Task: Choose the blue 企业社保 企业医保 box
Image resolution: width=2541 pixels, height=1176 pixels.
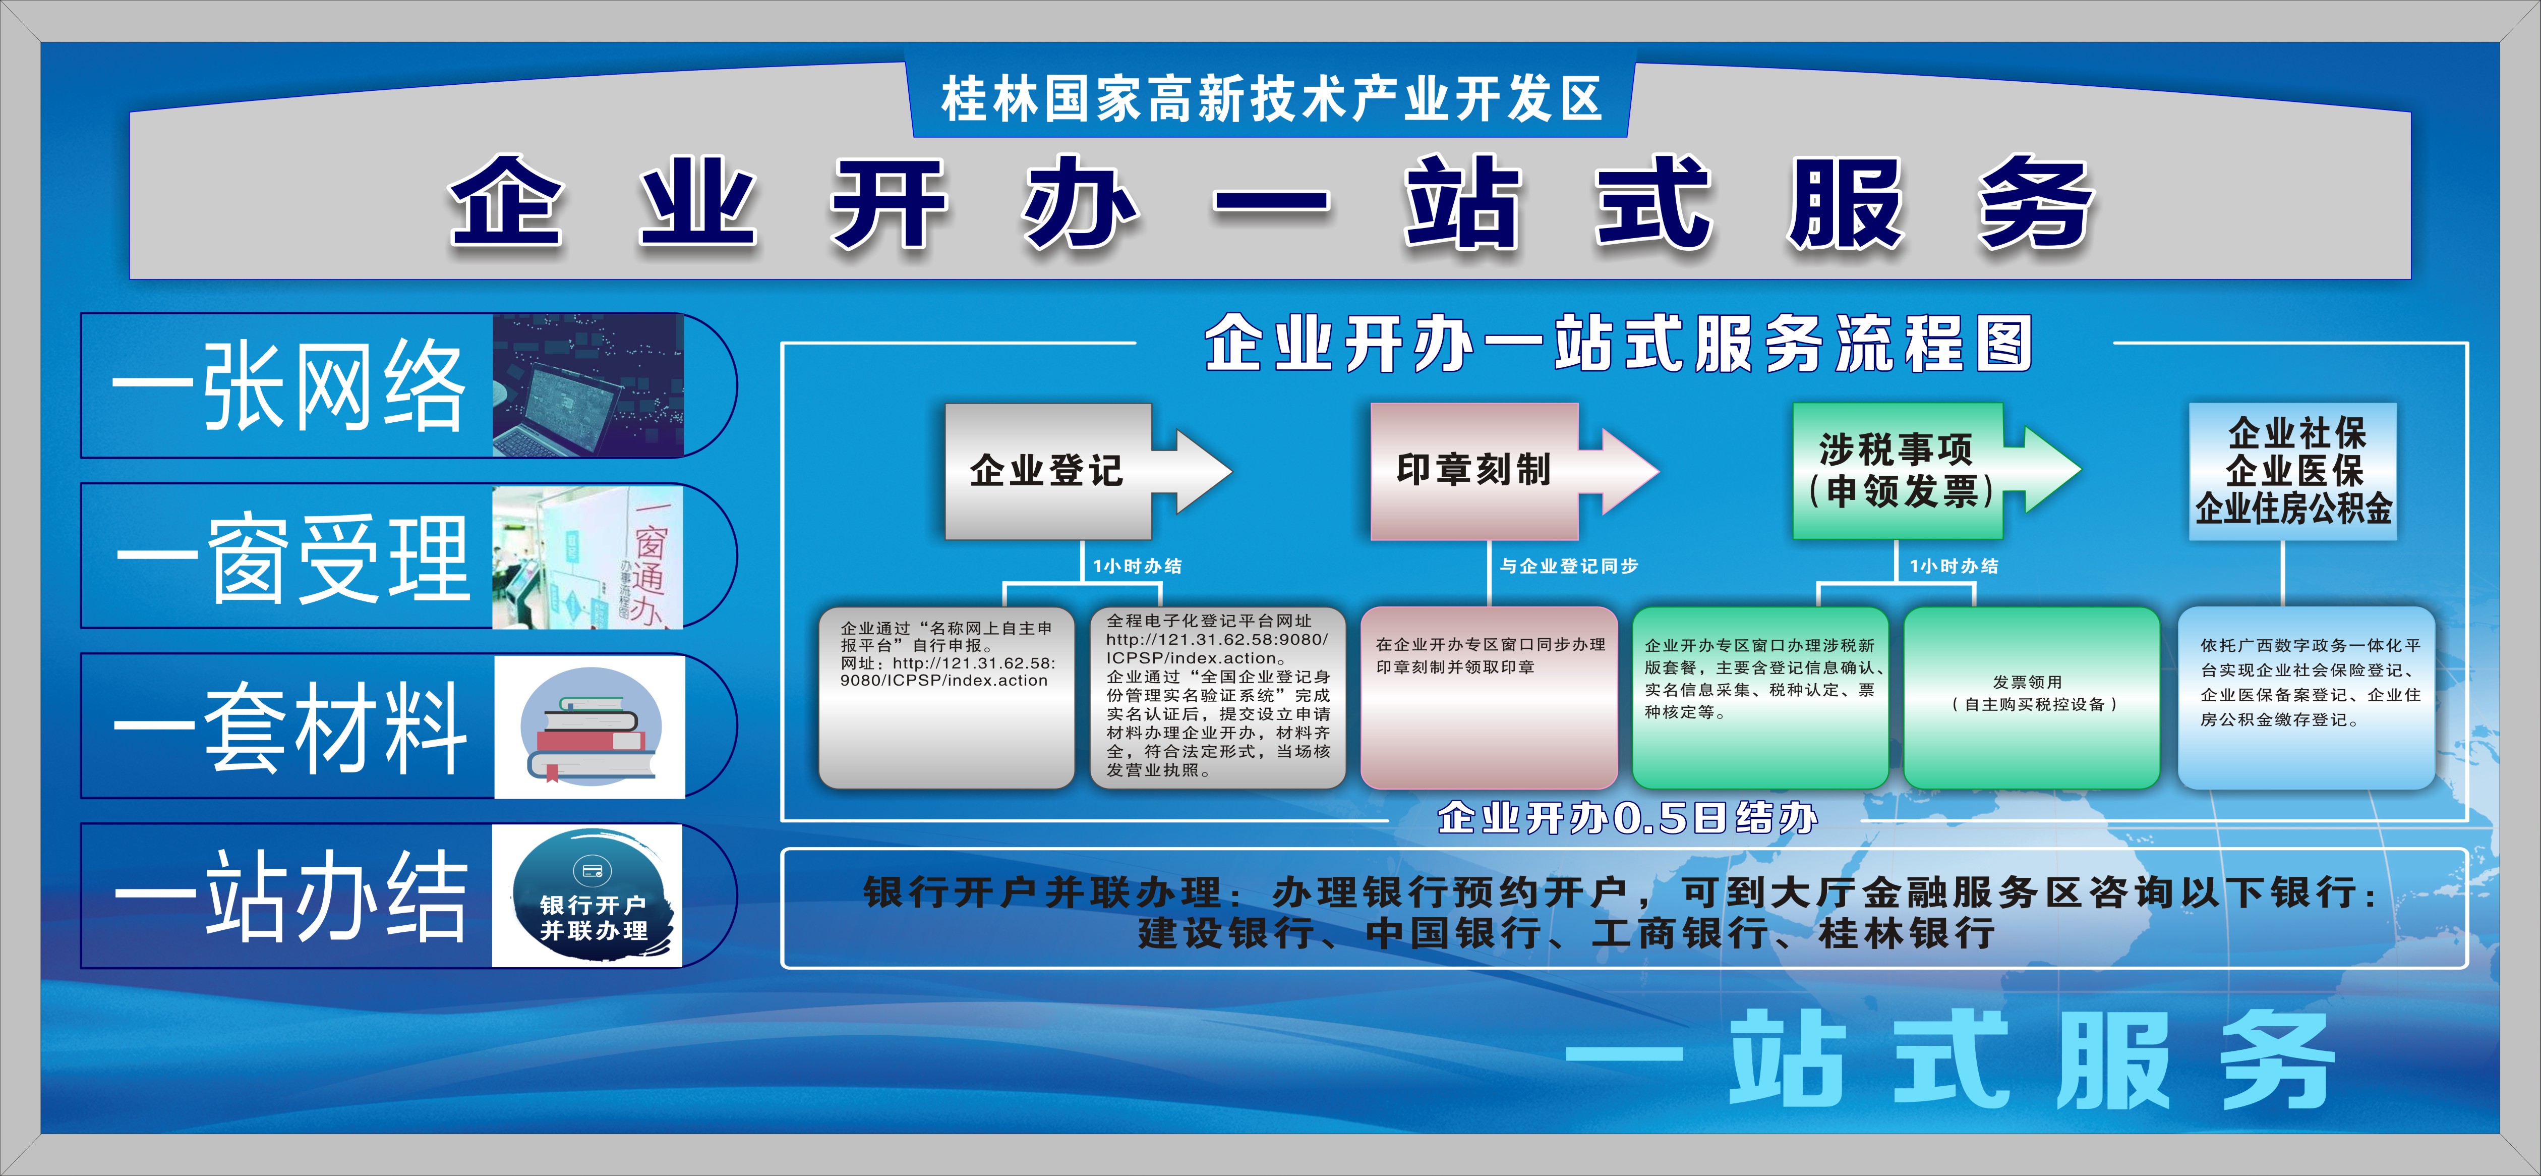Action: pos(2293,471)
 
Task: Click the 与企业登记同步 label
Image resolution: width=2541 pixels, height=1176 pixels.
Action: pos(1568,566)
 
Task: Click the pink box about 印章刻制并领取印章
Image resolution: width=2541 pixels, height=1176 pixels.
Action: pos(1489,698)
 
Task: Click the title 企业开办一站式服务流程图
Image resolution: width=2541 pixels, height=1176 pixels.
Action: pos(1618,344)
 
